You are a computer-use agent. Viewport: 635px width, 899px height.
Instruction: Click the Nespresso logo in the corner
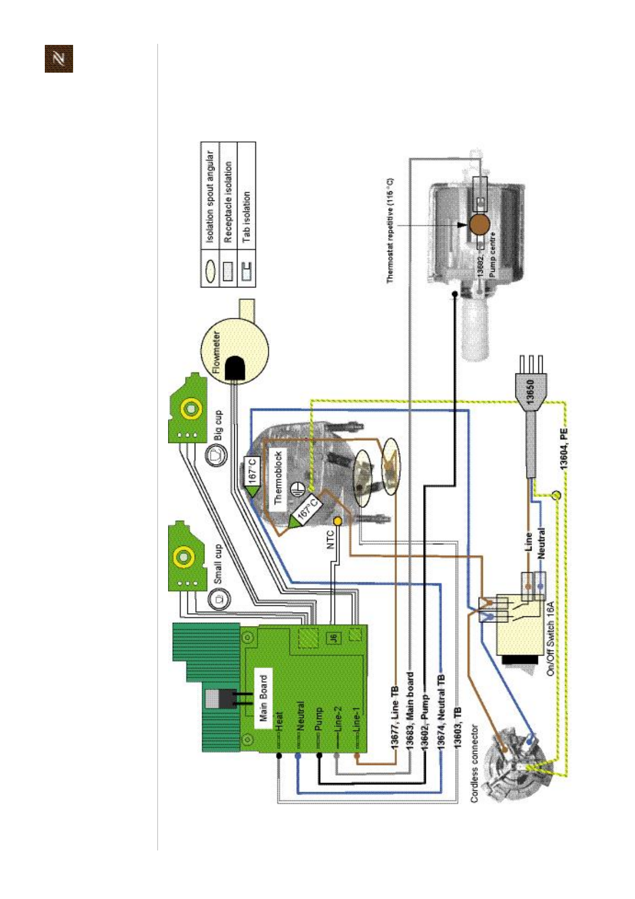click(59, 58)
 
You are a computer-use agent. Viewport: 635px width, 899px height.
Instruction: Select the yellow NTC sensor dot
click(337, 521)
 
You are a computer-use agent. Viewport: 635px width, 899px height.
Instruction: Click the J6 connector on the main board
click(333, 637)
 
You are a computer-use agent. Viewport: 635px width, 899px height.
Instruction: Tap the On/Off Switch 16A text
click(551, 638)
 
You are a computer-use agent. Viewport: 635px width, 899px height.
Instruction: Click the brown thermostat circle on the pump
click(479, 224)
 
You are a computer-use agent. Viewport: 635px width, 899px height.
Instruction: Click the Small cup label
click(217, 563)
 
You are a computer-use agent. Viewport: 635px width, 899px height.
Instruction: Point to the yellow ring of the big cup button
click(190, 409)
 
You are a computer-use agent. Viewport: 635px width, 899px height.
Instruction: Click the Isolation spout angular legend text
click(210, 196)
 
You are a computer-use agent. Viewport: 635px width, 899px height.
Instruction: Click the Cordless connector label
click(474, 763)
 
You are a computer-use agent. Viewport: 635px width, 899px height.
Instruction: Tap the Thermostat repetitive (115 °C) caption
click(390, 230)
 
